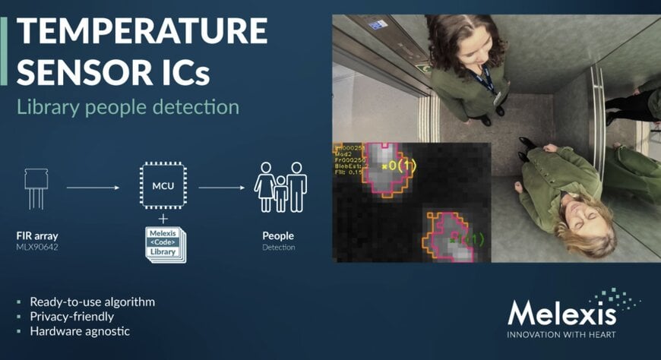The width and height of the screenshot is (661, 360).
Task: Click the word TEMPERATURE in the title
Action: [x=142, y=31]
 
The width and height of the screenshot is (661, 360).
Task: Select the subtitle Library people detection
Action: [x=128, y=106]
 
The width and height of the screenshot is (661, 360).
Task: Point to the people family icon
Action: [x=280, y=186]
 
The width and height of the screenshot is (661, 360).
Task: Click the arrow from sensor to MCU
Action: [x=94, y=186]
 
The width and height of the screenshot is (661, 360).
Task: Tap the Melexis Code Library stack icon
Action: [x=165, y=244]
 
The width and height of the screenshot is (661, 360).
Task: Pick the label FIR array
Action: [x=36, y=235]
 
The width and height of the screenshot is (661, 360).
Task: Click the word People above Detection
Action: [x=278, y=235]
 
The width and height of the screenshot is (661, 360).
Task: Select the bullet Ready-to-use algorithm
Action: [x=92, y=302]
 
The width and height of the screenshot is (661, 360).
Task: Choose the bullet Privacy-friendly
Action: [x=71, y=316]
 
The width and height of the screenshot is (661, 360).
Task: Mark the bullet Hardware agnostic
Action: [x=80, y=331]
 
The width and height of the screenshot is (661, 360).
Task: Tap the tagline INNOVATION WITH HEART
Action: [x=561, y=334]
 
